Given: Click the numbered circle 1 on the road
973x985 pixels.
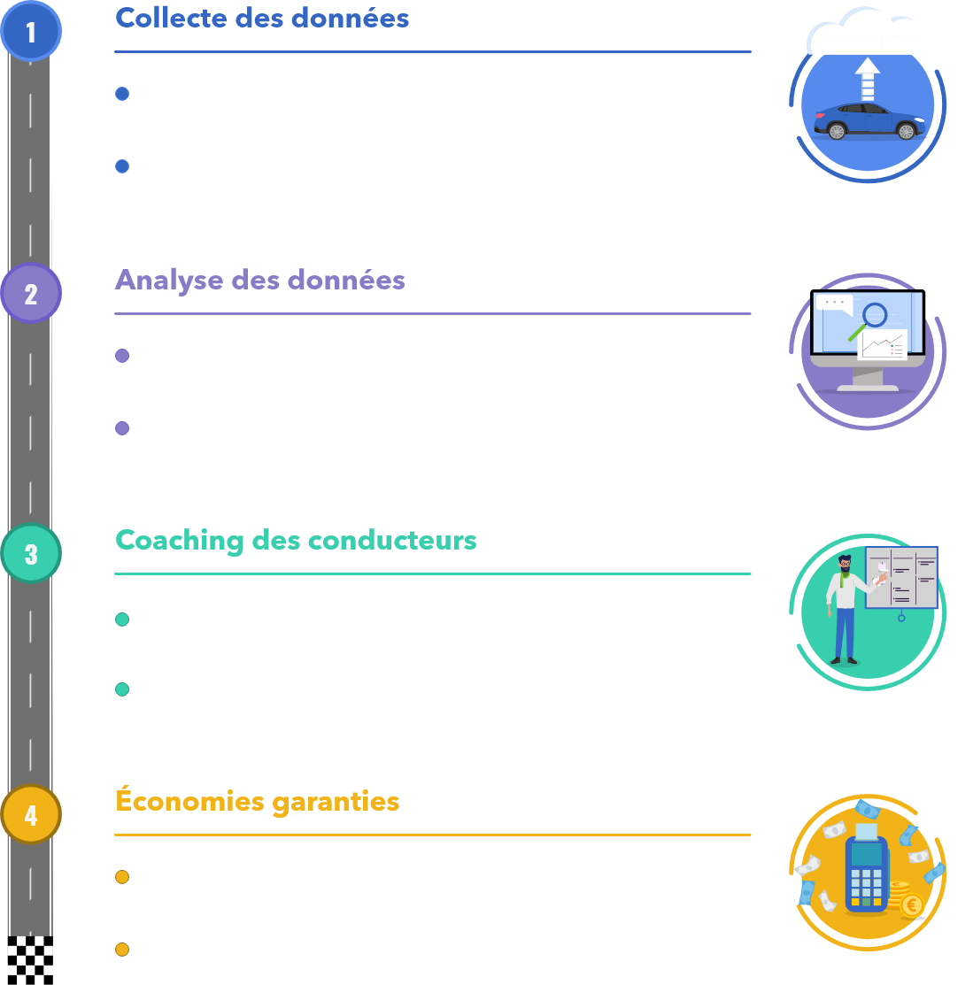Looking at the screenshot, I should pyautogui.click(x=31, y=32).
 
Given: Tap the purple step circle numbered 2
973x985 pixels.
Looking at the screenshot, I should pyautogui.click(x=31, y=293).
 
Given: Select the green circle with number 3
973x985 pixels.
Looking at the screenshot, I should pyautogui.click(x=31, y=554).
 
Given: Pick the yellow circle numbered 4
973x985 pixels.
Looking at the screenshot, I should pyautogui.click(x=31, y=814).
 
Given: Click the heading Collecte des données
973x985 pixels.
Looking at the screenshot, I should pyautogui.click(x=262, y=18).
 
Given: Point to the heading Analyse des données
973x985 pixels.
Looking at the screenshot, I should pyautogui.click(x=260, y=280).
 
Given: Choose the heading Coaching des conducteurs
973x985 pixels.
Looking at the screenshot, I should pyautogui.click(x=296, y=540).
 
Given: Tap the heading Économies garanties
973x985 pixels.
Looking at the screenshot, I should pyautogui.click(x=258, y=802).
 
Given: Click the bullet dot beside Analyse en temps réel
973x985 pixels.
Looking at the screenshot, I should pyautogui.click(x=122, y=356).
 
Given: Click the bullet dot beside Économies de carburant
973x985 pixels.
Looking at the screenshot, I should pyautogui.click(x=122, y=877).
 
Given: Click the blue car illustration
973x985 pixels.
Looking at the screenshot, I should pyautogui.click(x=868, y=121).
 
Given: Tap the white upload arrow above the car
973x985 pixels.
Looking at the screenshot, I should pyautogui.click(x=868, y=78).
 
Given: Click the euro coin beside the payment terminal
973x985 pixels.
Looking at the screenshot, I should pyautogui.click(x=911, y=905).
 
